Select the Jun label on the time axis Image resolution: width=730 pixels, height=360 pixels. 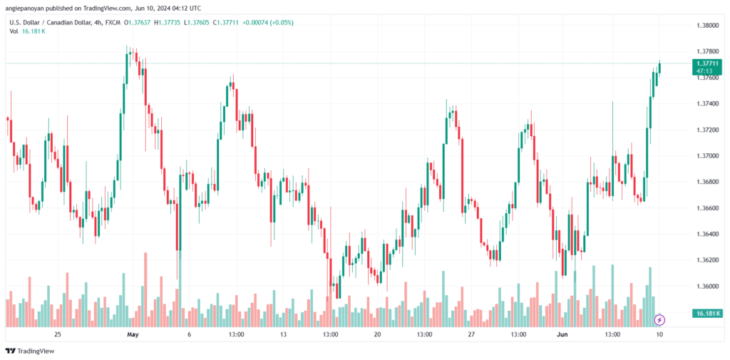565,334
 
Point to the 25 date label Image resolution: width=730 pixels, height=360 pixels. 57,334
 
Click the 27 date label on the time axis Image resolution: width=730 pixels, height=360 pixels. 471,334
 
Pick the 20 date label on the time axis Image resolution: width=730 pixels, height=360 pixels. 377,334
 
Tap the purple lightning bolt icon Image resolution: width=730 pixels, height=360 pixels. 659,320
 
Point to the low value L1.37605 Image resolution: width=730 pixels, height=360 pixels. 198,22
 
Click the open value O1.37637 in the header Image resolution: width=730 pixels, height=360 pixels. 138,22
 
